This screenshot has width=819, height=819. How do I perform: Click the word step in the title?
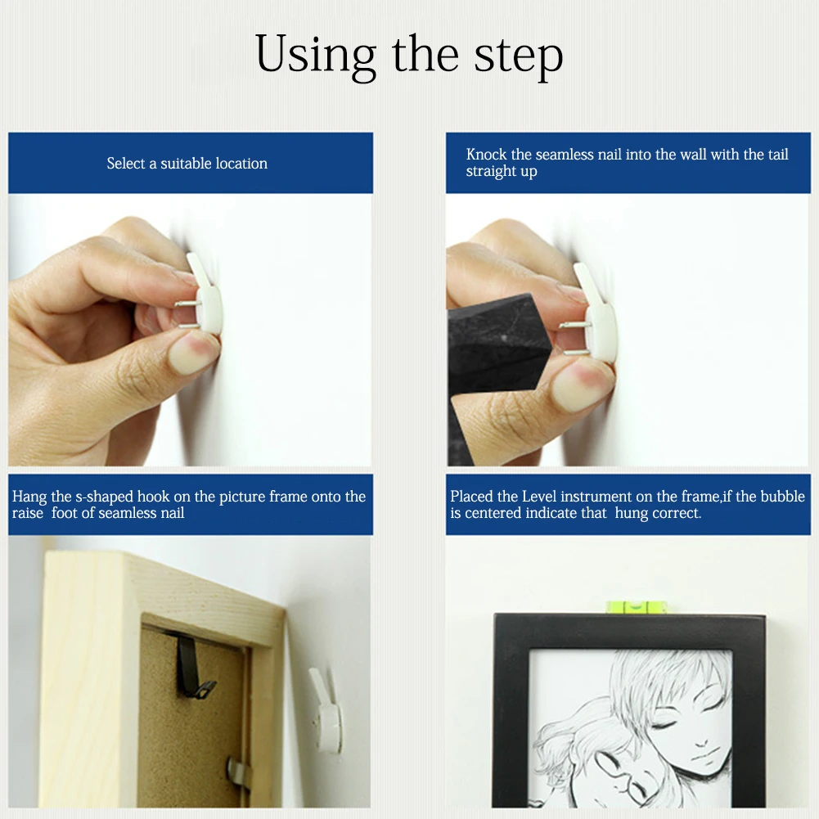519,56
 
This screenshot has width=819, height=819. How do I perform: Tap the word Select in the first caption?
125,164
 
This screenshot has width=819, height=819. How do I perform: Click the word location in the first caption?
241,164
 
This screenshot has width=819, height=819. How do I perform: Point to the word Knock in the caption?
487,155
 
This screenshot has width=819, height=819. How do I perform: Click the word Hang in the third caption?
30,497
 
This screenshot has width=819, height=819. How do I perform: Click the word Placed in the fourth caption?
472,497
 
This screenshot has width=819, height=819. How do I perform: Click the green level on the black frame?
636,607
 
